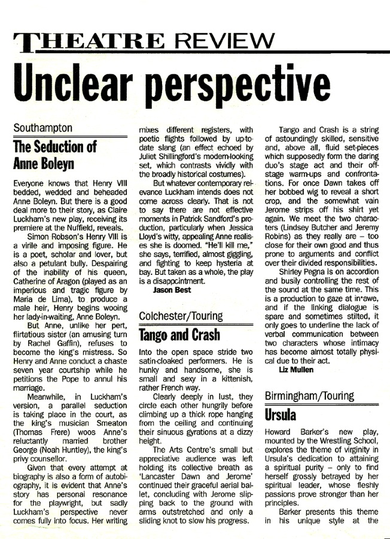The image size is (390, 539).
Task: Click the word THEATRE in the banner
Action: tap(87, 41)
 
